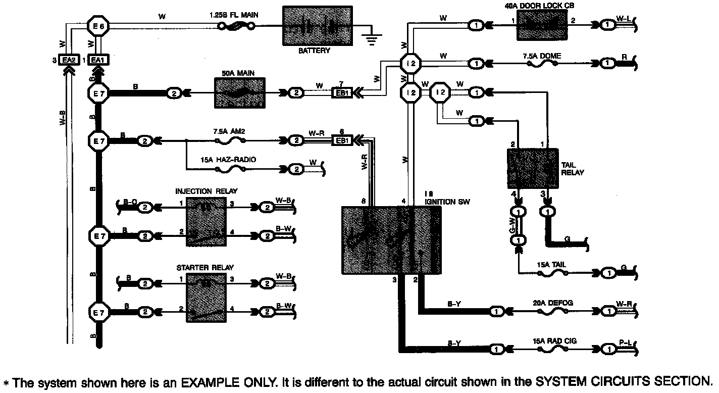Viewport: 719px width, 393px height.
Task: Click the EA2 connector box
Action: pos(68,60)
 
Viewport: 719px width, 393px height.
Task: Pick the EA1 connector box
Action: pos(98,60)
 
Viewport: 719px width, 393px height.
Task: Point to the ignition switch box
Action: pos(391,240)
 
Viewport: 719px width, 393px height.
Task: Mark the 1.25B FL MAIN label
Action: pos(234,15)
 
